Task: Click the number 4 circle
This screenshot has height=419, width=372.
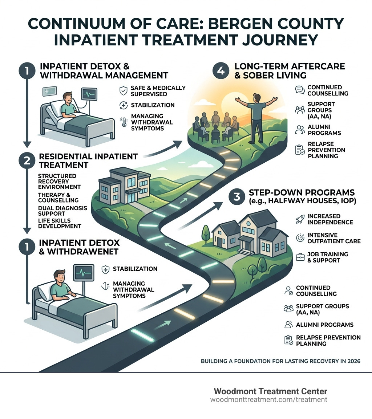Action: [x=221, y=71]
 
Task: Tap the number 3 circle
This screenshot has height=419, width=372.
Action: [x=237, y=197]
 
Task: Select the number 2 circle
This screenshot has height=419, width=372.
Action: [x=27, y=161]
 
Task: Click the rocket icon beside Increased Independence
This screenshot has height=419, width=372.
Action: [x=300, y=219]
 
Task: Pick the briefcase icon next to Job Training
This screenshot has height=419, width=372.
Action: [x=300, y=257]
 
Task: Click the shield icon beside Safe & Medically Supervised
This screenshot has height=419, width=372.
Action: [x=124, y=91]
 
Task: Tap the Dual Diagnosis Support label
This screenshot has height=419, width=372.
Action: [x=62, y=211]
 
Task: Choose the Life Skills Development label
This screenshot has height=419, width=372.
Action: [x=59, y=223]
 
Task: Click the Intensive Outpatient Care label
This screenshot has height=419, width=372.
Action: [x=333, y=238]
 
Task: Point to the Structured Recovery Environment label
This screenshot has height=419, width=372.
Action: [x=59, y=181]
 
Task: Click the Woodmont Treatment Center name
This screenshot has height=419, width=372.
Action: [x=270, y=391]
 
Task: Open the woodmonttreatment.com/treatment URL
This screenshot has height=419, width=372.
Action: [x=268, y=400]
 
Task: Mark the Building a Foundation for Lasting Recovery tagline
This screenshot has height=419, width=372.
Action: [x=280, y=361]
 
